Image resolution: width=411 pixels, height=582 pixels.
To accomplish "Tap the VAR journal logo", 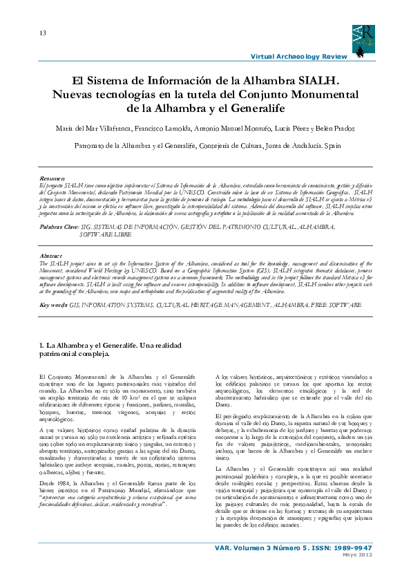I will [x=363, y=41].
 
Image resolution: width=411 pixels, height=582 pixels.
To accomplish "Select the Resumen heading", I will [x=52, y=178].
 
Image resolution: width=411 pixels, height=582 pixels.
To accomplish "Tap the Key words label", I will [x=55, y=304].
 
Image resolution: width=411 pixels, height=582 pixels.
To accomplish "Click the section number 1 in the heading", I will [x=43, y=345].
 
